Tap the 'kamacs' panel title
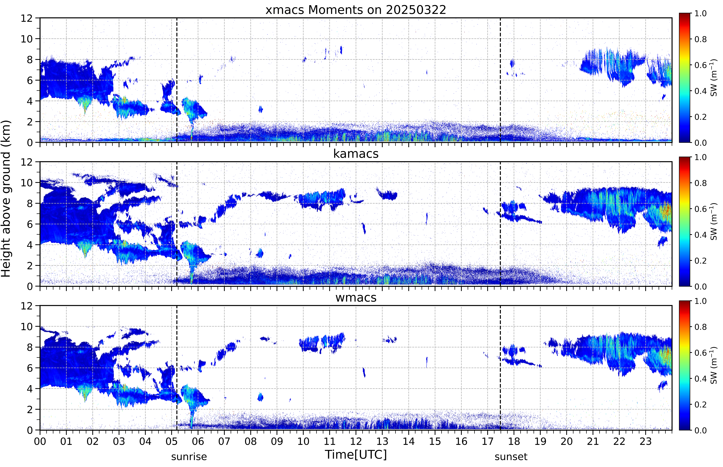pos(356,154)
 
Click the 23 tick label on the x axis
pos(646,441)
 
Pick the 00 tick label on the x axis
pos(40,441)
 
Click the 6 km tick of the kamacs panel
pos(30,224)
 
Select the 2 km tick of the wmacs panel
pos(30,409)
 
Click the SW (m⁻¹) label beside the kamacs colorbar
pos(714,221)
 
